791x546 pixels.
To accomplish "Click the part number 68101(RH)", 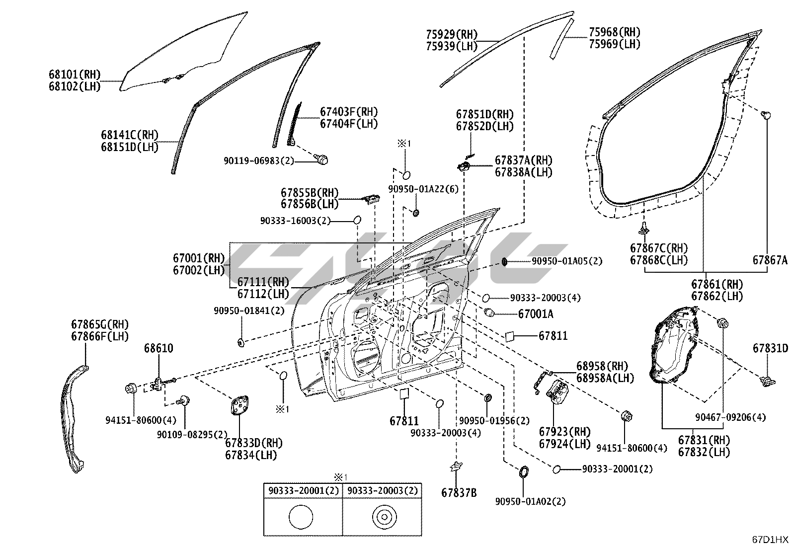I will [x=75, y=75].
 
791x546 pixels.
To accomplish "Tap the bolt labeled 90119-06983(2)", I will [x=322, y=160].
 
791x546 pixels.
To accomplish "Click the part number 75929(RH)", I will [x=451, y=35].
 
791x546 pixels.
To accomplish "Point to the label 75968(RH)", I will [x=614, y=32].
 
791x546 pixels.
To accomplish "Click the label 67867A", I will [x=770, y=260].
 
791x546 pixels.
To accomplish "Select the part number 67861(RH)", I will [x=717, y=285].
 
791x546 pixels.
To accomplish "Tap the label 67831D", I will [x=770, y=348].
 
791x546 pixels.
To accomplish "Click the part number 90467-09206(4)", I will [x=736, y=417].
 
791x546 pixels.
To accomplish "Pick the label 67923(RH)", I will [x=565, y=431].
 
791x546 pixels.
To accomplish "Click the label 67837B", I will [x=459, y=493].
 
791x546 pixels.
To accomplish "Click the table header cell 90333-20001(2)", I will [x=303, y=491].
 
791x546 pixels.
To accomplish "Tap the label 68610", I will [x=159, y=348].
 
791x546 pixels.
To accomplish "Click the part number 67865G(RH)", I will [x=100, y=324].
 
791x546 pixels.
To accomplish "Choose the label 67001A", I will [x=536, y=314].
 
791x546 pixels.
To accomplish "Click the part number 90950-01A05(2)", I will [x=566, y=261].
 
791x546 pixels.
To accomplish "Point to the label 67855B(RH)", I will [x=310, y=192].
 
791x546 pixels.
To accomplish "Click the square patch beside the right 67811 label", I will [x=509, y=336].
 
